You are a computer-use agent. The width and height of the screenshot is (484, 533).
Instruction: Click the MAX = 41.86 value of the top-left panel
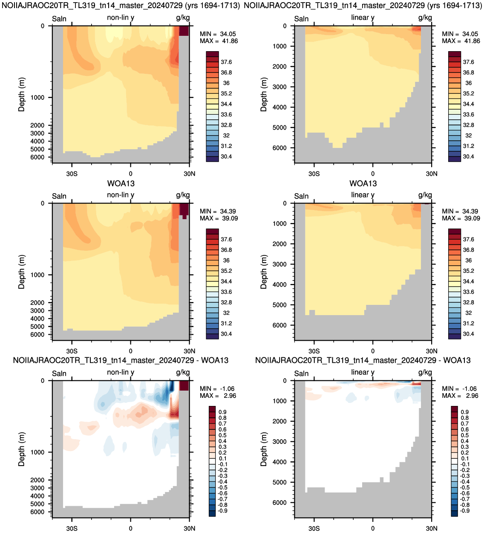click(219, 41)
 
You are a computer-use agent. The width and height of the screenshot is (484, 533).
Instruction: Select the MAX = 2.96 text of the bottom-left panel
click(218, 396)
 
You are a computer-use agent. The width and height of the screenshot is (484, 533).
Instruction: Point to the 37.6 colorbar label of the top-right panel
click(468, 62)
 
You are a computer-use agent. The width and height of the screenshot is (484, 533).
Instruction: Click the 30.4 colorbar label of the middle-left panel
click(226, 334)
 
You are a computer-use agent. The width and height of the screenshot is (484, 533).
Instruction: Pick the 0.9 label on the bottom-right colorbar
click(465, 412)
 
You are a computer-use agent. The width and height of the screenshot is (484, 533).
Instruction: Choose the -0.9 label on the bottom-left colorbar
click(222, 510)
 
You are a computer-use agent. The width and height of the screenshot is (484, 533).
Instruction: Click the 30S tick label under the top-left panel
click(72, 174)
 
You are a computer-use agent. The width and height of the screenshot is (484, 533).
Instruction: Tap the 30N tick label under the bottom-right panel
click(432, 528)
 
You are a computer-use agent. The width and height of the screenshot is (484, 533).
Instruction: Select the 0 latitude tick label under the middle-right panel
click(373, 351)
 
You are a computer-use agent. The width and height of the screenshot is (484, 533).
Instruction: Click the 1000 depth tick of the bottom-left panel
click(37, 452)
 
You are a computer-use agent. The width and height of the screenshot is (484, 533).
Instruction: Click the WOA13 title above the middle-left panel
click(121, 183)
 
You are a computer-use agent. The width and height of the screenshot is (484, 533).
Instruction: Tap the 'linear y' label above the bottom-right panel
click(363, 373)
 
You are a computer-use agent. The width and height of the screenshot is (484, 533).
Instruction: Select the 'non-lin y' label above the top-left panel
click(121, 17)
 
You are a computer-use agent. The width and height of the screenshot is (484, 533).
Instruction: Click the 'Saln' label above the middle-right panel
click(301, 196)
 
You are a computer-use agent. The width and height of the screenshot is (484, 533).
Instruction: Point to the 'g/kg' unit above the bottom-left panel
click(183, 373)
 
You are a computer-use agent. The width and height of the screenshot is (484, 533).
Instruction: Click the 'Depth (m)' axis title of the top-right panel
click(263, 94)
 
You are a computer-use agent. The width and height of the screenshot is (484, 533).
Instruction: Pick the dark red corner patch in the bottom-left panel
click(184, 385)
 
